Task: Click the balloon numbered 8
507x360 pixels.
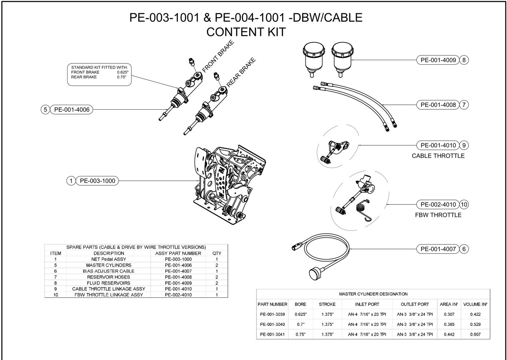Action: point(464,60)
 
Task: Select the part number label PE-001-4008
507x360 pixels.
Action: point(437,104)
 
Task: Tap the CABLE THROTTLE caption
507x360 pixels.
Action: point(438,156)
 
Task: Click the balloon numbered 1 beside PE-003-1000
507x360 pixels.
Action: point(71,181)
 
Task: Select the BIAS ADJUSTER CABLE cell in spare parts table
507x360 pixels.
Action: point(108,271)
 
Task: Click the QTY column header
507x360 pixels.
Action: point(217,253)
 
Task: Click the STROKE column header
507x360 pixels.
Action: point(327,305)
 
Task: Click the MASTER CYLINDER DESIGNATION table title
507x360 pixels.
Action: point(373,294)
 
